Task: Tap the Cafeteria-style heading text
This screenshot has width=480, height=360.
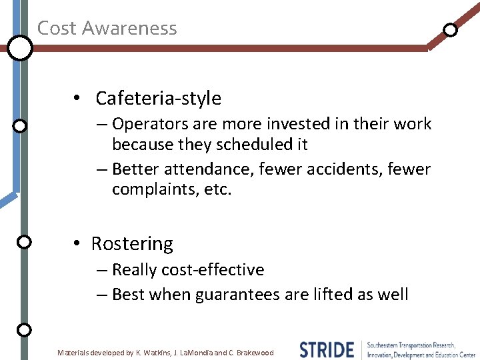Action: [x=158, y=99]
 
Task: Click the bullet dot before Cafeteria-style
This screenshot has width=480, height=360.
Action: [x=78, y=99]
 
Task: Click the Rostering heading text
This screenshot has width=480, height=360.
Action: [x=132, y=244]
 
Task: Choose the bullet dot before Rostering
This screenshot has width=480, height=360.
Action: [x=78, y=245]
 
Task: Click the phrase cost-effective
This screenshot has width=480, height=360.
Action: [x=212, y=270]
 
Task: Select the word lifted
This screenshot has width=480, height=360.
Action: [x=315, y=295]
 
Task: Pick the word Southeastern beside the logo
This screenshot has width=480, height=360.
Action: [x=389, y=345]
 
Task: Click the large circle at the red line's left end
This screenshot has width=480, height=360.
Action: [x=20, y=48]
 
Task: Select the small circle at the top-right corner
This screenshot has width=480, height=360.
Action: [x=451, y=29]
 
